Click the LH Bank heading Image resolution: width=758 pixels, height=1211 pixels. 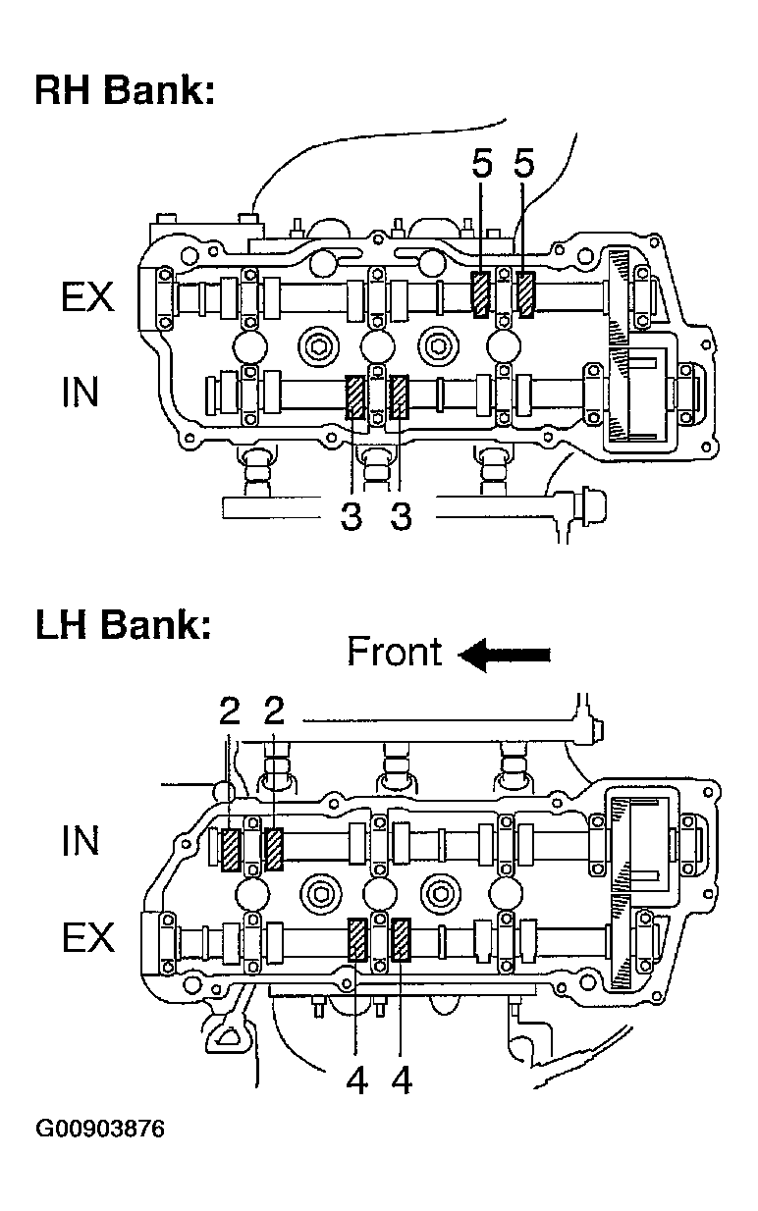(124, 624)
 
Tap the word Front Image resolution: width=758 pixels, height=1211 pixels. (395, 652)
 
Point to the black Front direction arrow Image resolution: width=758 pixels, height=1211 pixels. (504, 655)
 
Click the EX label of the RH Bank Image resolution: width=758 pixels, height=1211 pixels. (87, 297)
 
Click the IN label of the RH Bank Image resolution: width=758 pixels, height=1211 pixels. (81, 392)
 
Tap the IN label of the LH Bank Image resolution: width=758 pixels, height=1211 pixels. (81, 840)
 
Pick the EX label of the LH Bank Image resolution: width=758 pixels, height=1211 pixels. (88, 937)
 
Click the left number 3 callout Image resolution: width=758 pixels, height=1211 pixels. (352, 516)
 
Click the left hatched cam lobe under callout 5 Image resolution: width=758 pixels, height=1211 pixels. (481, 294)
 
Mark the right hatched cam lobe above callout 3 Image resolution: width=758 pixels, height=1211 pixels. (399, 397)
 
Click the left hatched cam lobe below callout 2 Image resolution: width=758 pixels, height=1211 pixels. (231, 849)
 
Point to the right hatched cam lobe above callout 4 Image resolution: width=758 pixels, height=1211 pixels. (401, 941)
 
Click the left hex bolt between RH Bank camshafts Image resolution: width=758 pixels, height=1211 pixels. (318, 346)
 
